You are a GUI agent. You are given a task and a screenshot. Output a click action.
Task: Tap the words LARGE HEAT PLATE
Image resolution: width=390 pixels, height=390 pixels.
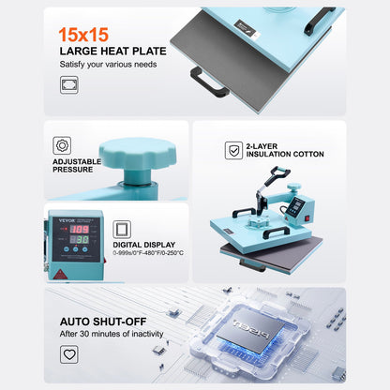pos(113,51)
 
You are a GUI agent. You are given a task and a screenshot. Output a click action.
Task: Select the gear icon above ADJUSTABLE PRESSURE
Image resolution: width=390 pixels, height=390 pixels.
pos(63,145)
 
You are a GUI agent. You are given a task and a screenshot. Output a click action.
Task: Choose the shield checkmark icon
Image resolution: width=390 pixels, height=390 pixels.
pos(233,151)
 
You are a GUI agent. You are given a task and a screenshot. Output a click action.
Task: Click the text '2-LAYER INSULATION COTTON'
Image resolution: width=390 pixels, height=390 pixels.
pos(285,150)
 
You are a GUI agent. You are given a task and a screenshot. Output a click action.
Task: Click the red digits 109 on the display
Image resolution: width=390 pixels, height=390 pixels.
pos(82,228)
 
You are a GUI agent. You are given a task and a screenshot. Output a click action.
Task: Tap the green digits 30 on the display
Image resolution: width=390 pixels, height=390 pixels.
pos(82,241)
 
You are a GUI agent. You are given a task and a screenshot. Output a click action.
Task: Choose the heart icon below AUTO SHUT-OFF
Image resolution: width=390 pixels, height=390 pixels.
pos(69,354)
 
